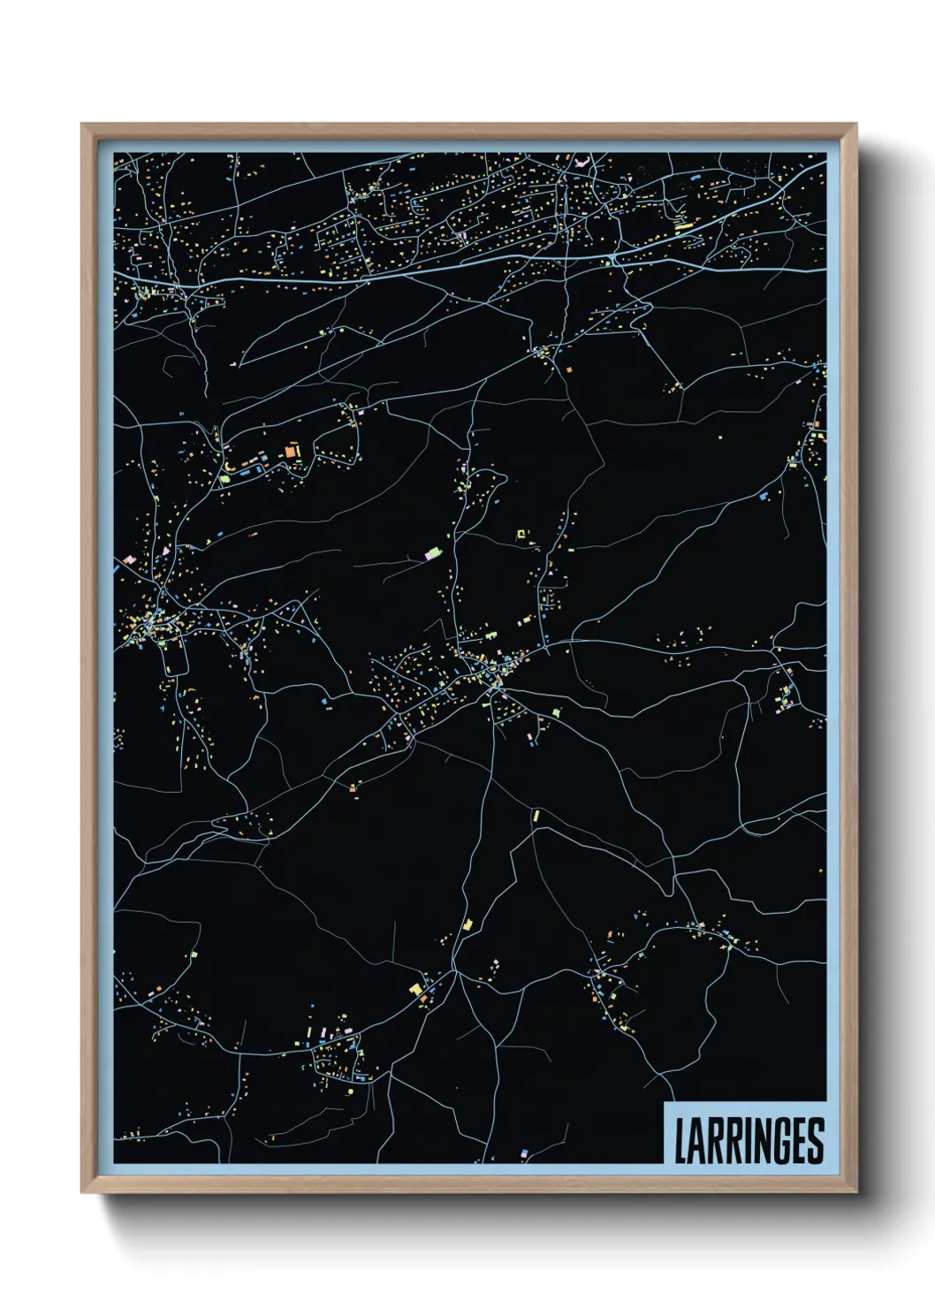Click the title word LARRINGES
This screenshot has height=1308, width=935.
click(x=749, y=1141)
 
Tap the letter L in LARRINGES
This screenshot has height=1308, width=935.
click(x=681, y=1141)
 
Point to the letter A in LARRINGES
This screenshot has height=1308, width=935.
click(x=697, y=1141)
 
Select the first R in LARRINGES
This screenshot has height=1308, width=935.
click(x=715, y=1141)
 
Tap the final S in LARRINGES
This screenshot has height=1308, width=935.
click(x=816, y=1141)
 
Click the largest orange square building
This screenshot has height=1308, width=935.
click(x=291, y=452)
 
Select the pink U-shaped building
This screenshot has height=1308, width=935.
click(x=582, y=163)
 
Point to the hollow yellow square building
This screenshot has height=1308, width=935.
click(x=521, y=533)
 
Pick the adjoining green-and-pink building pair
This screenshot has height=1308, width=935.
click(x=433, y=554)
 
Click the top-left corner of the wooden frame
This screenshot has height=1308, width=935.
click(x=82, y=125)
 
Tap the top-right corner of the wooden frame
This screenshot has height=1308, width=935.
click(x=855, y=125)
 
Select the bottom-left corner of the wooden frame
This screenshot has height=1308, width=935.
click(x=82, y=1191)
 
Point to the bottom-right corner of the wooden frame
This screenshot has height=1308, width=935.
click(x=855, y=1191)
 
